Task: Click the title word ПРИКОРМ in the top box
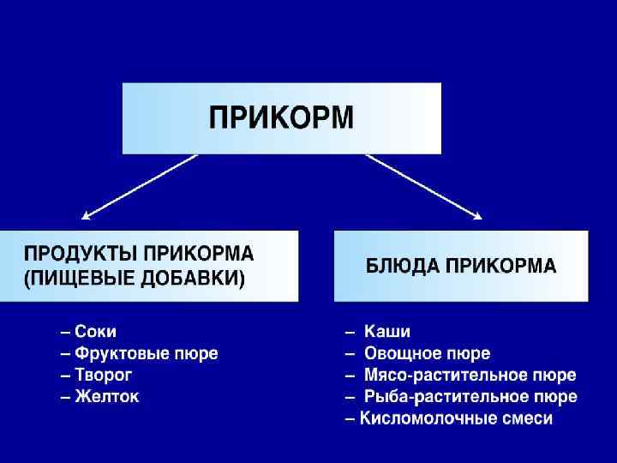[281, 117]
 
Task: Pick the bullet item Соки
[96, 331]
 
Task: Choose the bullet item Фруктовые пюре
[147, 353]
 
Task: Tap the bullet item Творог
[104, 375]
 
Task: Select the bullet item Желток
[107, 397]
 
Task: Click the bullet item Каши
[387, 331]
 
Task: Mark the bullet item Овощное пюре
[428, 353]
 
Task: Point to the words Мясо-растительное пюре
[470, 376]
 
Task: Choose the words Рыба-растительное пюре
[470, 397]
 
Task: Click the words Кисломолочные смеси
[457, 419]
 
